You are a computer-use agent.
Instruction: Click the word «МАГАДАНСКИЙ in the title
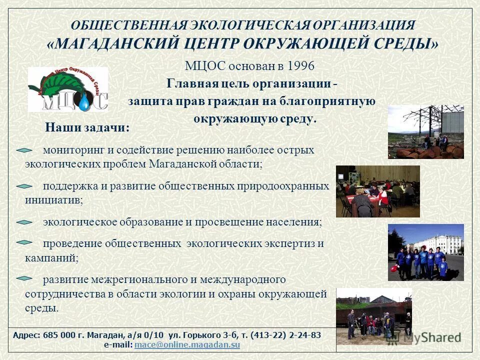[112, 44]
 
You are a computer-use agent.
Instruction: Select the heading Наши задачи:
[87, 127]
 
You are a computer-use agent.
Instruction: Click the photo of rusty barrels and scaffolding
[425, 132]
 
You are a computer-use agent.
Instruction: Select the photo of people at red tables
[377, 191]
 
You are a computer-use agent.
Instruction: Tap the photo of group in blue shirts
[425, 252]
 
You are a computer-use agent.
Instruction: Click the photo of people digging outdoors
[373, 316]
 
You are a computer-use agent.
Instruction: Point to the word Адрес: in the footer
[27, 335]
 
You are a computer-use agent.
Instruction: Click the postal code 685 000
[59, 335]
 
